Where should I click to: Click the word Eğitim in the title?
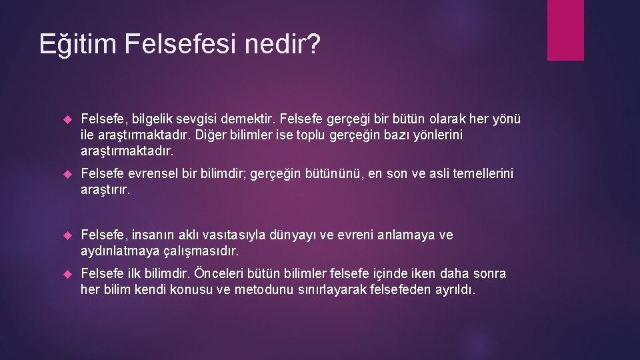78,44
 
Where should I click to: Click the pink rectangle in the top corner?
565,30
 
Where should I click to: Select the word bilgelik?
152,119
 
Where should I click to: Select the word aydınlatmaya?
120,252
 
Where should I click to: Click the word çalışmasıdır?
201,252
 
